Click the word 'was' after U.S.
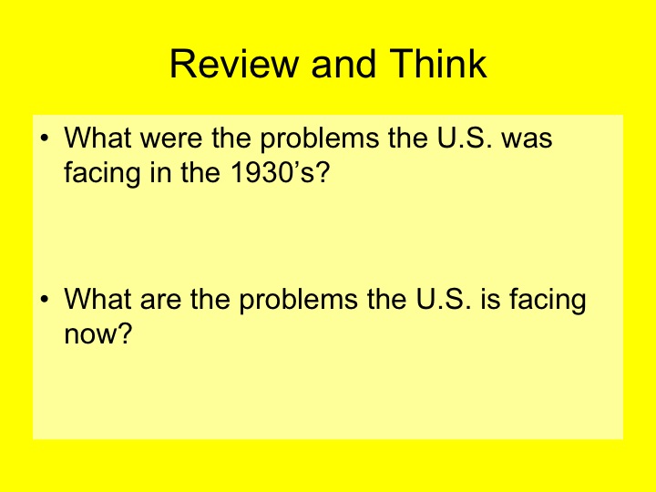pyautogui.click(x=527, y=140)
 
